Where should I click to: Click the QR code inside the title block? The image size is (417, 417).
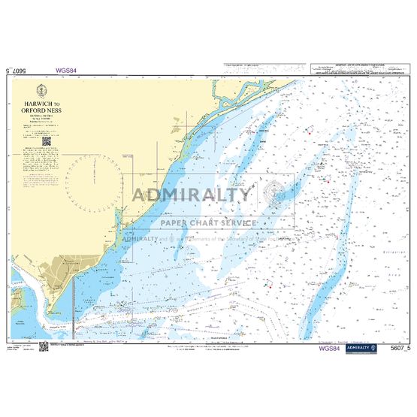pyautogui.click(x=46, y=140)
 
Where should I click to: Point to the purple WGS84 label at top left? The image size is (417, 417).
pyautogui.click(x=65, y=71)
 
